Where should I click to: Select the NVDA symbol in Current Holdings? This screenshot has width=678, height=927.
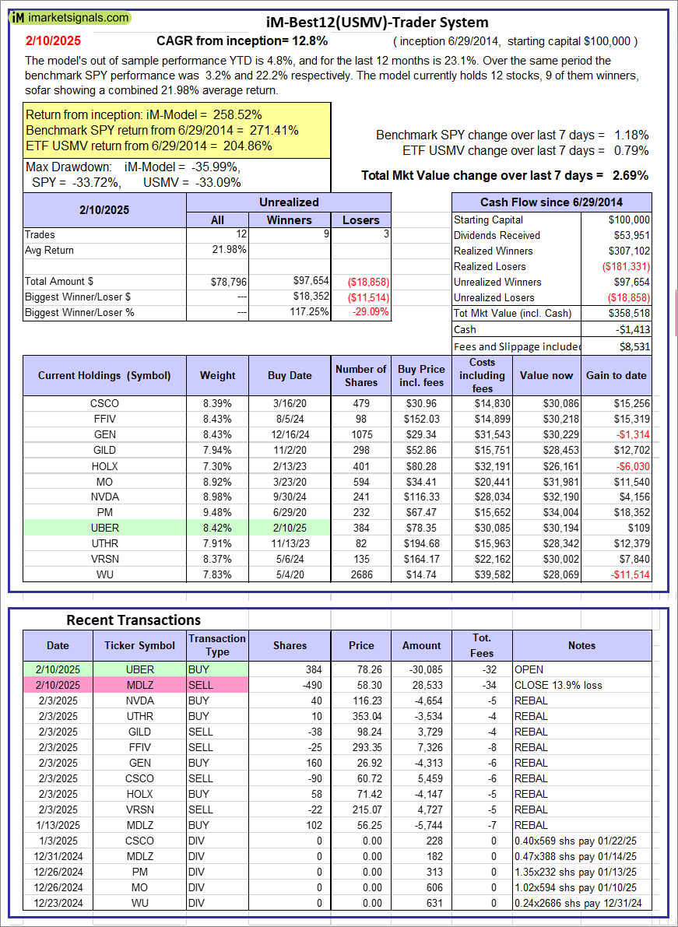(x=104, y=497)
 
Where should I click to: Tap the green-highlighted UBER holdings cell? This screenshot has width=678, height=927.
(x=104, y=528)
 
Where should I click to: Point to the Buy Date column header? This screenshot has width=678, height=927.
(x=290, y=375)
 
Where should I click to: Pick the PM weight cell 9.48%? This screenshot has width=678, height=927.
(x=217, y=512)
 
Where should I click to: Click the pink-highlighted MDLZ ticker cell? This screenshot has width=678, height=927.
(x=140, y=685)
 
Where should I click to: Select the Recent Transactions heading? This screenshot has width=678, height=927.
(x=133, y=620)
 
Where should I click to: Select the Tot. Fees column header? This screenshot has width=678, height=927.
(x=482, y=645)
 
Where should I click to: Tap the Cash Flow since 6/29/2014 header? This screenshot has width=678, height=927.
(x=550, y=202)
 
